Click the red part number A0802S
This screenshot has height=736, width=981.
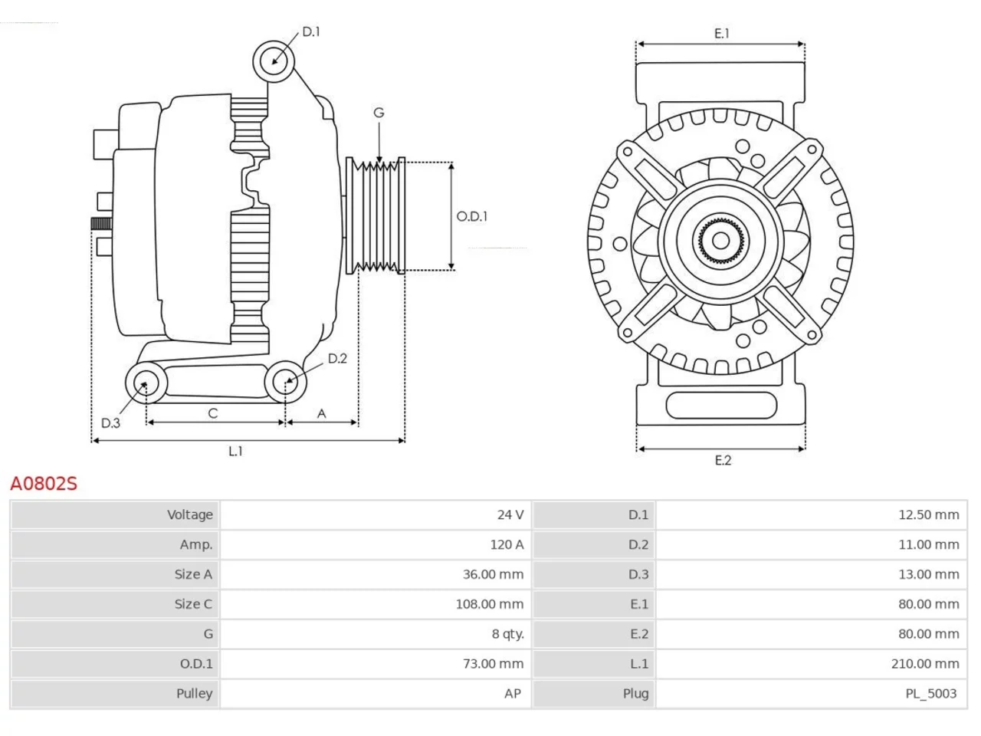[44, 484]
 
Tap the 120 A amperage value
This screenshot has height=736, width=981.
[507, 545]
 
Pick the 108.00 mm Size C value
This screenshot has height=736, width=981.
[490, 604]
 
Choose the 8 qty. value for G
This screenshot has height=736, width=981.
[507, 634]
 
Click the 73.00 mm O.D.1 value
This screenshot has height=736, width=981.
[493, 664]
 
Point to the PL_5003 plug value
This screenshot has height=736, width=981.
[931, 694]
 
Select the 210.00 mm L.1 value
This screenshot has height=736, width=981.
[925, 664]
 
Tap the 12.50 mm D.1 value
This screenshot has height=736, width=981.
[929, 514]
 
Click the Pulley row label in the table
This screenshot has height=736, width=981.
[195, 694]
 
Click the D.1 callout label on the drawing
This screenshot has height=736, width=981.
[311, 31]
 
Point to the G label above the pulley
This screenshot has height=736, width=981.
[379, 113]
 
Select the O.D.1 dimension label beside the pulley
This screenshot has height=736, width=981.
[471, 217]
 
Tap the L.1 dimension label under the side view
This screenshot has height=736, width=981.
[235, 452]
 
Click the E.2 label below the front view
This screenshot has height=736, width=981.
[723, 460]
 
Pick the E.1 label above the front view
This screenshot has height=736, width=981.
[722, 34]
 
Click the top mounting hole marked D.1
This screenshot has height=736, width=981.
[274, 61]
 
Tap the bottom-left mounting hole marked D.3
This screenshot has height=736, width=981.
[146, 383]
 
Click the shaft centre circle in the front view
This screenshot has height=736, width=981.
[720, 241]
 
